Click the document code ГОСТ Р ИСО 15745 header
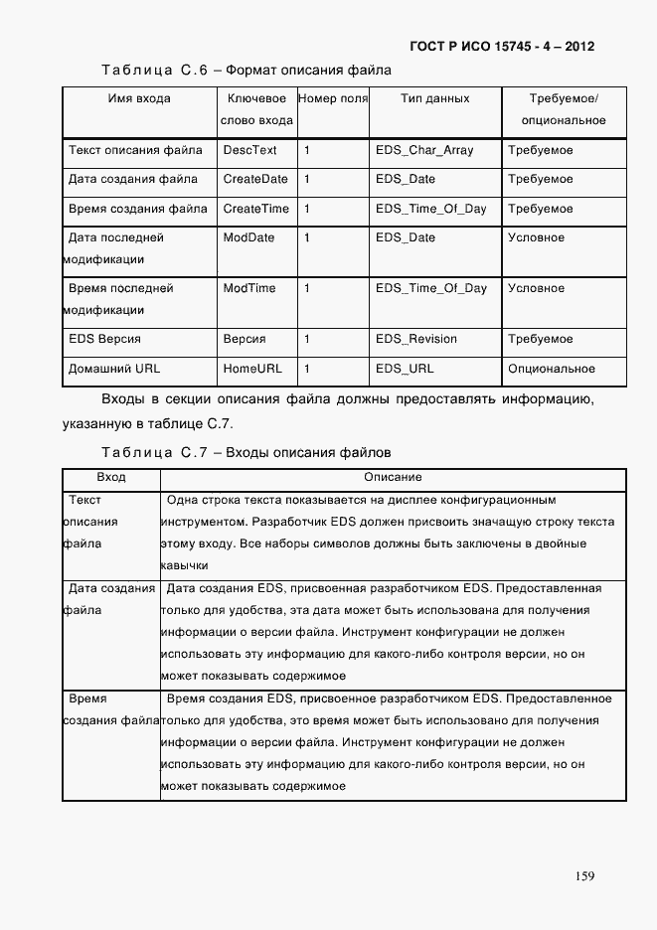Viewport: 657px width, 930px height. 502,47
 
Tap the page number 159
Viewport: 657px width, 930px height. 584,875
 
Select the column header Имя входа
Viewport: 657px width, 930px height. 139,99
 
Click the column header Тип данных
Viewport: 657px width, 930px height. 434,99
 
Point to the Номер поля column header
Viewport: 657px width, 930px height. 333,99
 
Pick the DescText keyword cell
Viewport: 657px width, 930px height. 249,150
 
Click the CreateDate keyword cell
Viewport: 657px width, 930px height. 255,180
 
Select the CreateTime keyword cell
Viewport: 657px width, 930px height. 256,209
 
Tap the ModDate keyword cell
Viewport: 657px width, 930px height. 248,237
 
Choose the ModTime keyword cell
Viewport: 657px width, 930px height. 249,288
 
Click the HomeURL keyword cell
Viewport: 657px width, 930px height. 252,369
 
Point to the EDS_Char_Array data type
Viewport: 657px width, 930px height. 424,150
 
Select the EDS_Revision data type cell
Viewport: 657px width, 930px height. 416,339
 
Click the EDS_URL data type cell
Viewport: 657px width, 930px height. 405,369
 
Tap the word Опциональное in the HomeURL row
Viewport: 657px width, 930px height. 552,369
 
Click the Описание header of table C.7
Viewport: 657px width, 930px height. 393,478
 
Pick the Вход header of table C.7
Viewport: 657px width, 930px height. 111,478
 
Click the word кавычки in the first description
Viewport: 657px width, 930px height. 185,565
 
